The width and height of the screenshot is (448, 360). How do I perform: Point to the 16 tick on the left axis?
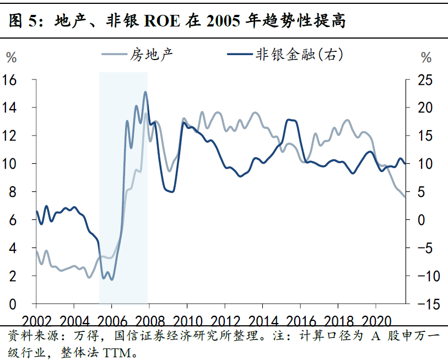tap(9, 80)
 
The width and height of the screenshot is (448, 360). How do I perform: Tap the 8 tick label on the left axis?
tap(13, 192)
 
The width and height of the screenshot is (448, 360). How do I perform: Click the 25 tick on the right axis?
tap(425, 80)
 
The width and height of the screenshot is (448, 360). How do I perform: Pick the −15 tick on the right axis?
tap(429, 304)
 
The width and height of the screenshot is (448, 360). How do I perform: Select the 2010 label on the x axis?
tap(187, 321)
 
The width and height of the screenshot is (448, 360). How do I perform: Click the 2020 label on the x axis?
tap(376, 321)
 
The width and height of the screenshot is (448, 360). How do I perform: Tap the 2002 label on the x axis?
tap(36, 321)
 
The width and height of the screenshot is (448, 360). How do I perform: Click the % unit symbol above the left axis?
tap(12, 57)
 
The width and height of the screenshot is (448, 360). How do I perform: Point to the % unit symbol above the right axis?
tap(427, 57)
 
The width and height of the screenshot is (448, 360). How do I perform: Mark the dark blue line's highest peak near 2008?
tap(145, 92)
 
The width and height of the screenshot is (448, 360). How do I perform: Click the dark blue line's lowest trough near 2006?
tap(111, 280)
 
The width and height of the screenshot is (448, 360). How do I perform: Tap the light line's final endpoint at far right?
tap(405, 197)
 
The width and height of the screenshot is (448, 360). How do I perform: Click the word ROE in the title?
tap(163, 21)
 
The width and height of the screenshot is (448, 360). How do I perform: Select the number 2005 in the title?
tap(223, 21)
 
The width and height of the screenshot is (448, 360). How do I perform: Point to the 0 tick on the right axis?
tap(421, 220)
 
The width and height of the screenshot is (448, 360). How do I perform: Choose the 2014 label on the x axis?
tap(263, 321)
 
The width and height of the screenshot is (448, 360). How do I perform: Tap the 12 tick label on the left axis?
tap(9, 136)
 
